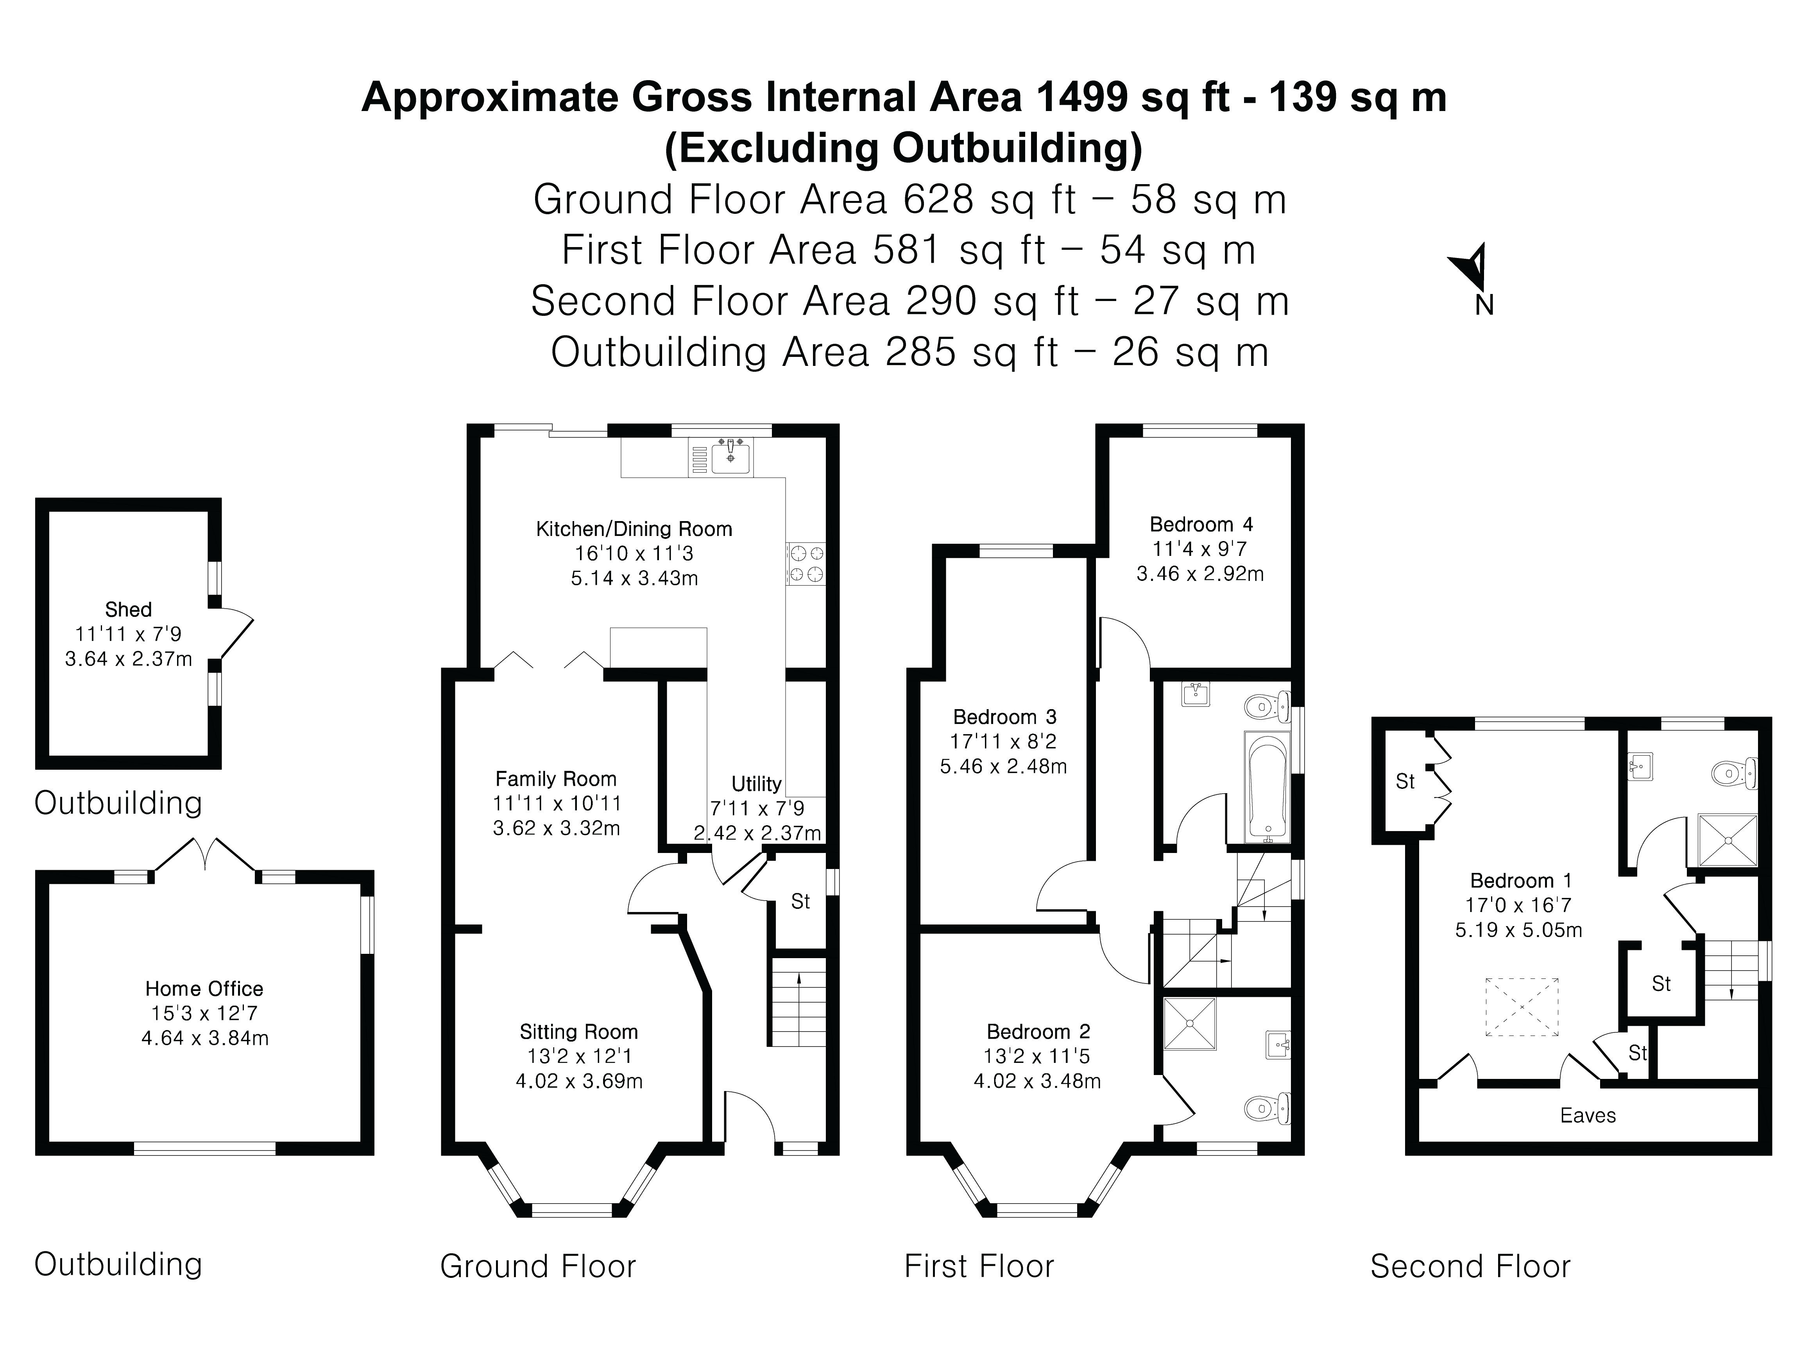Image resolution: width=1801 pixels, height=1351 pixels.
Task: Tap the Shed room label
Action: tap(129, 609)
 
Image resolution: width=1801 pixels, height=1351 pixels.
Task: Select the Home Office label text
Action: tap(204, 989)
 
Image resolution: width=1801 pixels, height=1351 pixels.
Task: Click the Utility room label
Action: tap(756, 783)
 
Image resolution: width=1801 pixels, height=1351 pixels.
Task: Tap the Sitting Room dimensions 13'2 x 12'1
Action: tap(579, 1056)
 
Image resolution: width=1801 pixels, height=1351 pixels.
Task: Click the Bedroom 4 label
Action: tap(1201, 525)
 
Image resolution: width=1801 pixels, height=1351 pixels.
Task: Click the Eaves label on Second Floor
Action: tap(1588, 1116)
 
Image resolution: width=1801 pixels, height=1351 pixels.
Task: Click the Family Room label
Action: tap(556, 779)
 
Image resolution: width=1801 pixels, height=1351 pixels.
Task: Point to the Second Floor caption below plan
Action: tap(1470, 1266)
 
